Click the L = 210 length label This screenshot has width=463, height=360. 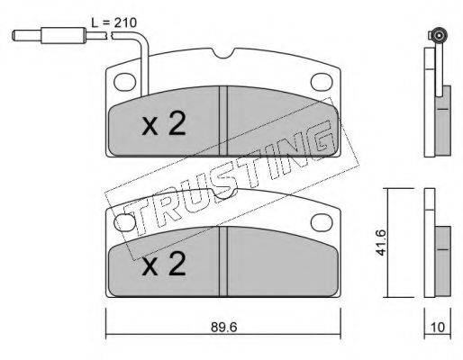pyautogui.click(x=114, y=22)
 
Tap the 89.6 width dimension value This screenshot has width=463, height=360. pyautogui.click(x=224, y=327)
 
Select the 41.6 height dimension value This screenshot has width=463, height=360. pyautogui.click(x=381, y=242)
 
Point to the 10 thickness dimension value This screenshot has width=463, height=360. pyautogui.click(x=438, y=327)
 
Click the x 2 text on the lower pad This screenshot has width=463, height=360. pyautogui.click(x=164, y=264)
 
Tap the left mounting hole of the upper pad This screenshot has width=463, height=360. pyautogui.click(x=125, y=81)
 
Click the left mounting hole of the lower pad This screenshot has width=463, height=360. pyautogui.click(x=125, y=221)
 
